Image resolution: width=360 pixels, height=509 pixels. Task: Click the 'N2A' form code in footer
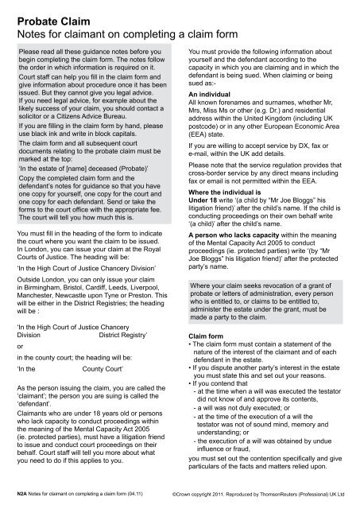pos(23,492)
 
